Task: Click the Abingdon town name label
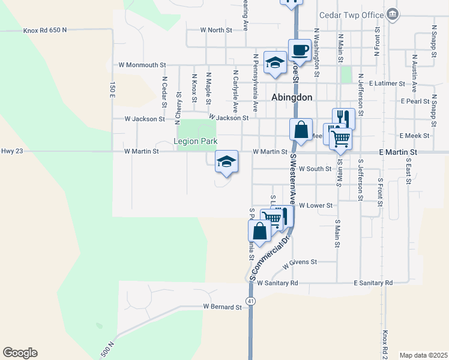tap(292, 97)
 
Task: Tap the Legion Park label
tap(194, 142)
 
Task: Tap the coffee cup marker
tap(299, 49)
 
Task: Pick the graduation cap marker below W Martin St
tap(226, 162)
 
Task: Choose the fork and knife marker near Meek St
tap(343, 118)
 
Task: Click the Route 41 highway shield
tap(251, 299)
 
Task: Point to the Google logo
tap(20, 353)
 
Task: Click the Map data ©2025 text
tap(423, 355)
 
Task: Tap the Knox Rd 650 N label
tap(45, 29)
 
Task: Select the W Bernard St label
tap(221, 307)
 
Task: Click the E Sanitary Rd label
tap(373, 283)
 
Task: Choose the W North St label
tap(215, 29)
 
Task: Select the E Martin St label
tap(398, 153)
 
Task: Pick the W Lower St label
tap(316, 205)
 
